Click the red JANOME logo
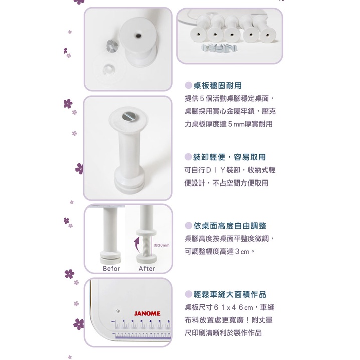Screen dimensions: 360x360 tap(147, 314)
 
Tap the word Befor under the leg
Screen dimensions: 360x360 tap(111, 269)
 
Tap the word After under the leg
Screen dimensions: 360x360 tap(147, 269)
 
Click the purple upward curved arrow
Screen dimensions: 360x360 tap(137, 245)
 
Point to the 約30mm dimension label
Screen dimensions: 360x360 tap(162, 245)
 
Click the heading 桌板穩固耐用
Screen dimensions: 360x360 tap(218, 86)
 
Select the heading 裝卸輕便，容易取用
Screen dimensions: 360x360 tap(229, 157)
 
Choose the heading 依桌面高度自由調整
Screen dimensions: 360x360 tap(230, 226)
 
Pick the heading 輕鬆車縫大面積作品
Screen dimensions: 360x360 tap(230, 294)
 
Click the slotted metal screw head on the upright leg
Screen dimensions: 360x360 tap(129, 116)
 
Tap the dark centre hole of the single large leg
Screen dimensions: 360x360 tap(138, 36)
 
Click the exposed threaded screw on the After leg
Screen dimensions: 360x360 tap(146, 245)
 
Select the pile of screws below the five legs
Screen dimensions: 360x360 tap(219, 48)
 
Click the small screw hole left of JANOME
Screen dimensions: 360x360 tap(118, 311)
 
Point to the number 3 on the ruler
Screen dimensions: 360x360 tap(141, 321)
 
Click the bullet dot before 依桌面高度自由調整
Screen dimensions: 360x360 tap(188, 226)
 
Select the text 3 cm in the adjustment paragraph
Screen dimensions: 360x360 tap(242, 252)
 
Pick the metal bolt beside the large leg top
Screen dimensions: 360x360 tap(112, 45)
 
